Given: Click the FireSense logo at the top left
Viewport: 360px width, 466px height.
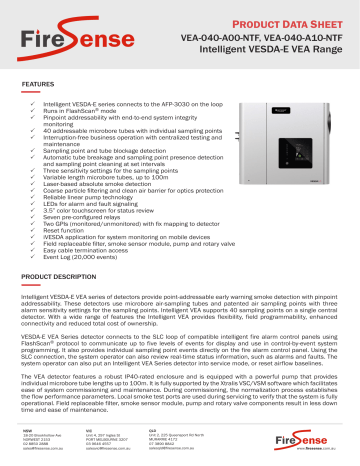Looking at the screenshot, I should (x=56, y=30).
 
